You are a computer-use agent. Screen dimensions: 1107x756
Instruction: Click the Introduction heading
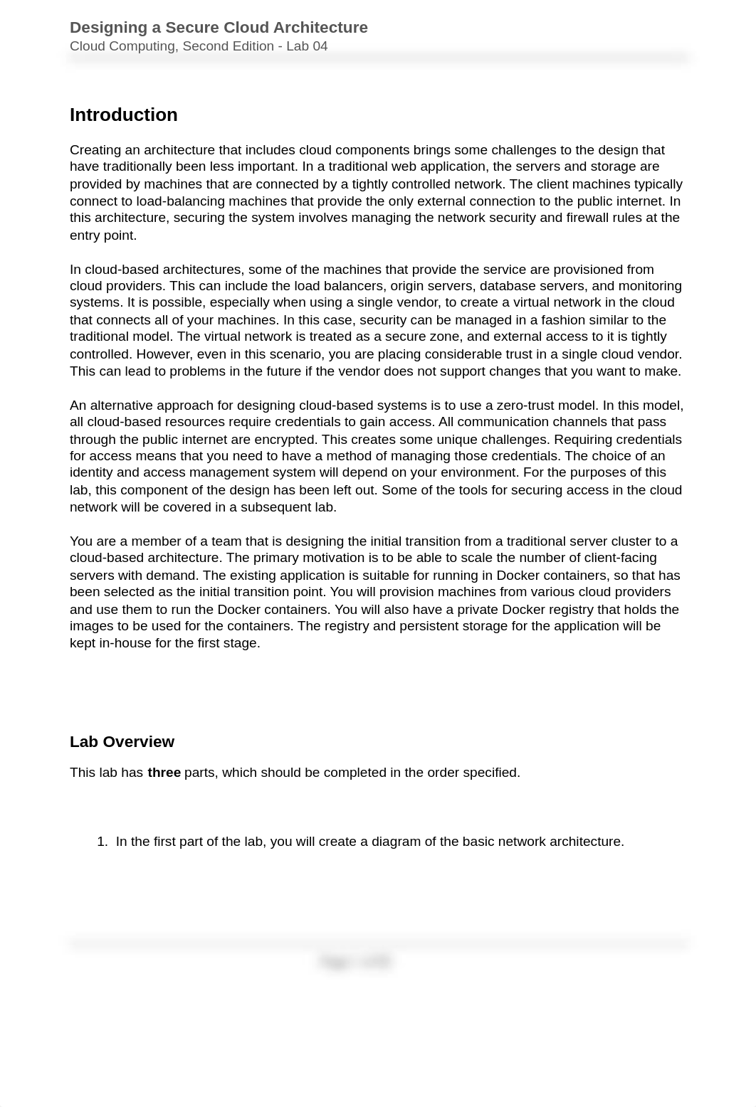(x=123, y=115)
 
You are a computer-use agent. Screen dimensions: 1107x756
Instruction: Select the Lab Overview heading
(x=122, y=742)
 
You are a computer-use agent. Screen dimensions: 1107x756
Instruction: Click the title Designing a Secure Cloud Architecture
(x=219, y=28)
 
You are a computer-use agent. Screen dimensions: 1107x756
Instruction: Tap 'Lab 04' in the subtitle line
(x=307, y=46)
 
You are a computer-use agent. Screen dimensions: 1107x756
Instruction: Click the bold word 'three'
(x=164, y=773)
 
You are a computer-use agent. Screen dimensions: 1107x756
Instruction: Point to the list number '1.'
(x=102, y=842)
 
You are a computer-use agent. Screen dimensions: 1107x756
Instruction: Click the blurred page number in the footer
(x=355, y=962)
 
